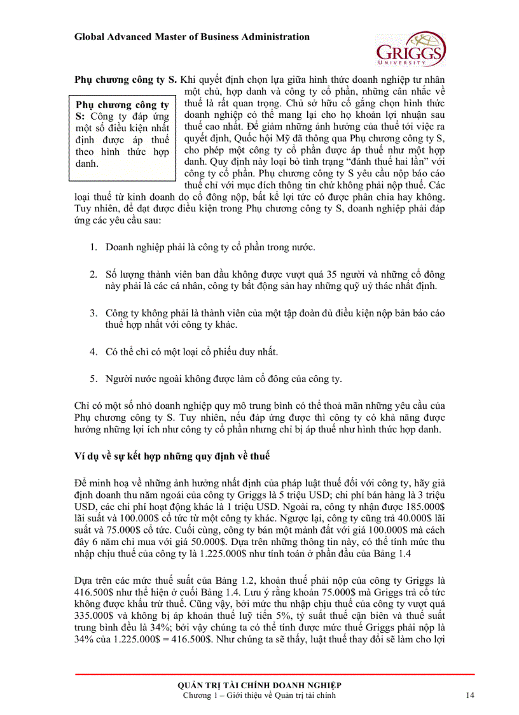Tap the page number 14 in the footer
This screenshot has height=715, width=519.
470,695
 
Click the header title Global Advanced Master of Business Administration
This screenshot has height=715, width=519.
192,37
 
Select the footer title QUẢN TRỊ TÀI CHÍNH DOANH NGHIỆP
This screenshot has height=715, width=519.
259,684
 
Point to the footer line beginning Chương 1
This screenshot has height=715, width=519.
259,695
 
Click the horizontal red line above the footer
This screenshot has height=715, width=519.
275,674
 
